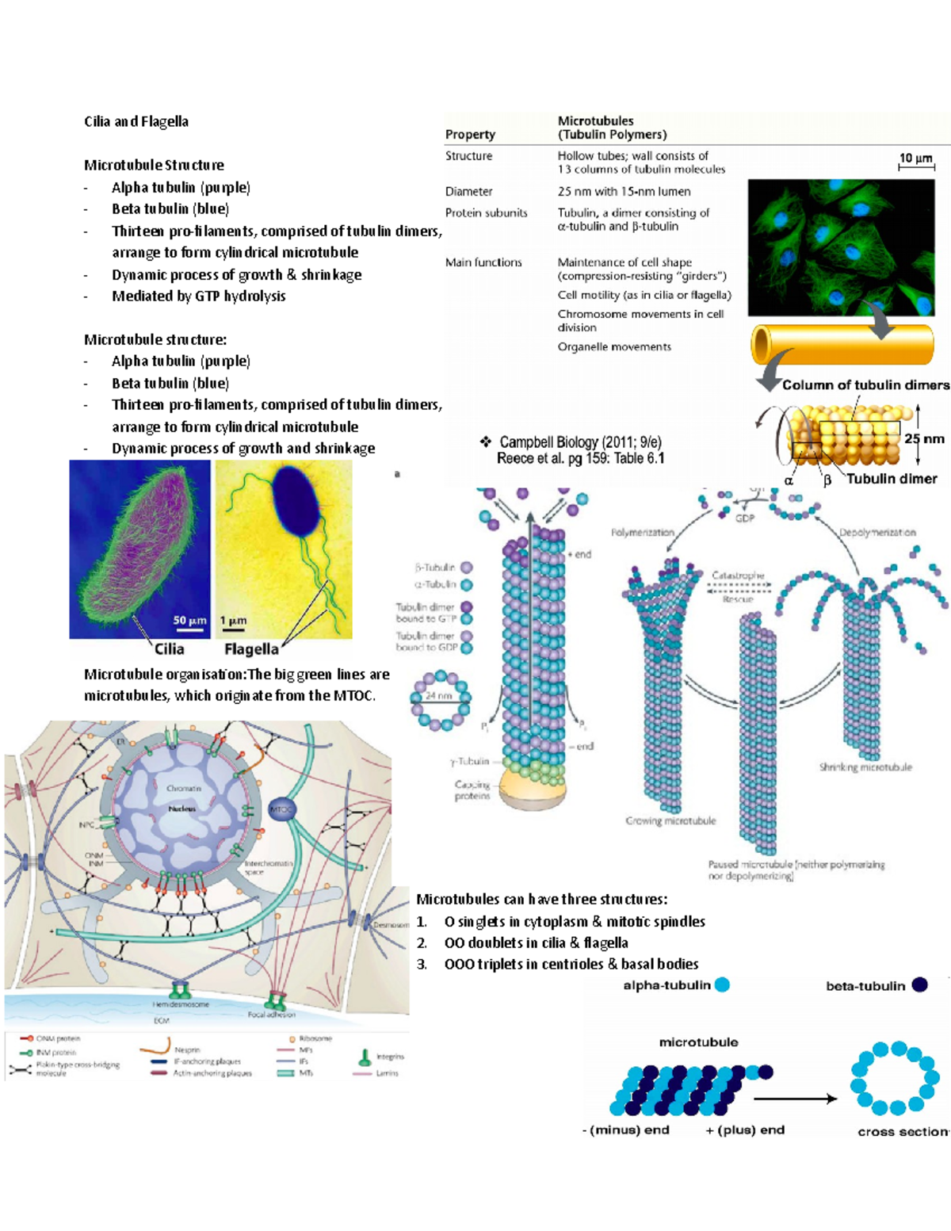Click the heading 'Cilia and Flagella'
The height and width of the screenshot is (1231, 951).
tap(136, 121)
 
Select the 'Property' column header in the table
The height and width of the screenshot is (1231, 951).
tap(470, 134)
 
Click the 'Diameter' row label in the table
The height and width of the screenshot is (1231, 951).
tap(468, 191)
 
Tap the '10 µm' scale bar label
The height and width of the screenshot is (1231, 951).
tap(915, 158)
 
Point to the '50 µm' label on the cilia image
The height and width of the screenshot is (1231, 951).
tap(189, 621)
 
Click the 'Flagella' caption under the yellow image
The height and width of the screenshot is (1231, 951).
tap(251, 649)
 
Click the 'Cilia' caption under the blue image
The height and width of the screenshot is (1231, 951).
tap(169, 649)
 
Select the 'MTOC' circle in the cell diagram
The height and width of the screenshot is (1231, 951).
tap(282, 809)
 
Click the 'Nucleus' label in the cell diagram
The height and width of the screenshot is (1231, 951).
tap(181, 809)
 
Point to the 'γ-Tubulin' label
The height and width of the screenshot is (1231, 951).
tap(470, 761)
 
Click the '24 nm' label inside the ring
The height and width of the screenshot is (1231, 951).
tap(439, 696)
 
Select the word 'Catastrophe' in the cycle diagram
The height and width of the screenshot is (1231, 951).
tap(738, 575)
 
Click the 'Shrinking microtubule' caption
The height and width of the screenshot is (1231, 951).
tap(865, 767)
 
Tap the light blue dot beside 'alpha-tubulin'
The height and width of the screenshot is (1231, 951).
tap(722, 984)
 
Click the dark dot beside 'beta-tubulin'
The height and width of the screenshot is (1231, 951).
tap(919, 984)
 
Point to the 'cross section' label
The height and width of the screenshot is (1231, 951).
tap(902, 1131)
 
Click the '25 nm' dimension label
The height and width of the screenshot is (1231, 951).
tap(924, 438)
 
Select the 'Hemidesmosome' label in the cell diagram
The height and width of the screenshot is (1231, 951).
tap(181, 1004)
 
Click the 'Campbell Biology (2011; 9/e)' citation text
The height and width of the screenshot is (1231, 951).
tap(580, 442)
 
